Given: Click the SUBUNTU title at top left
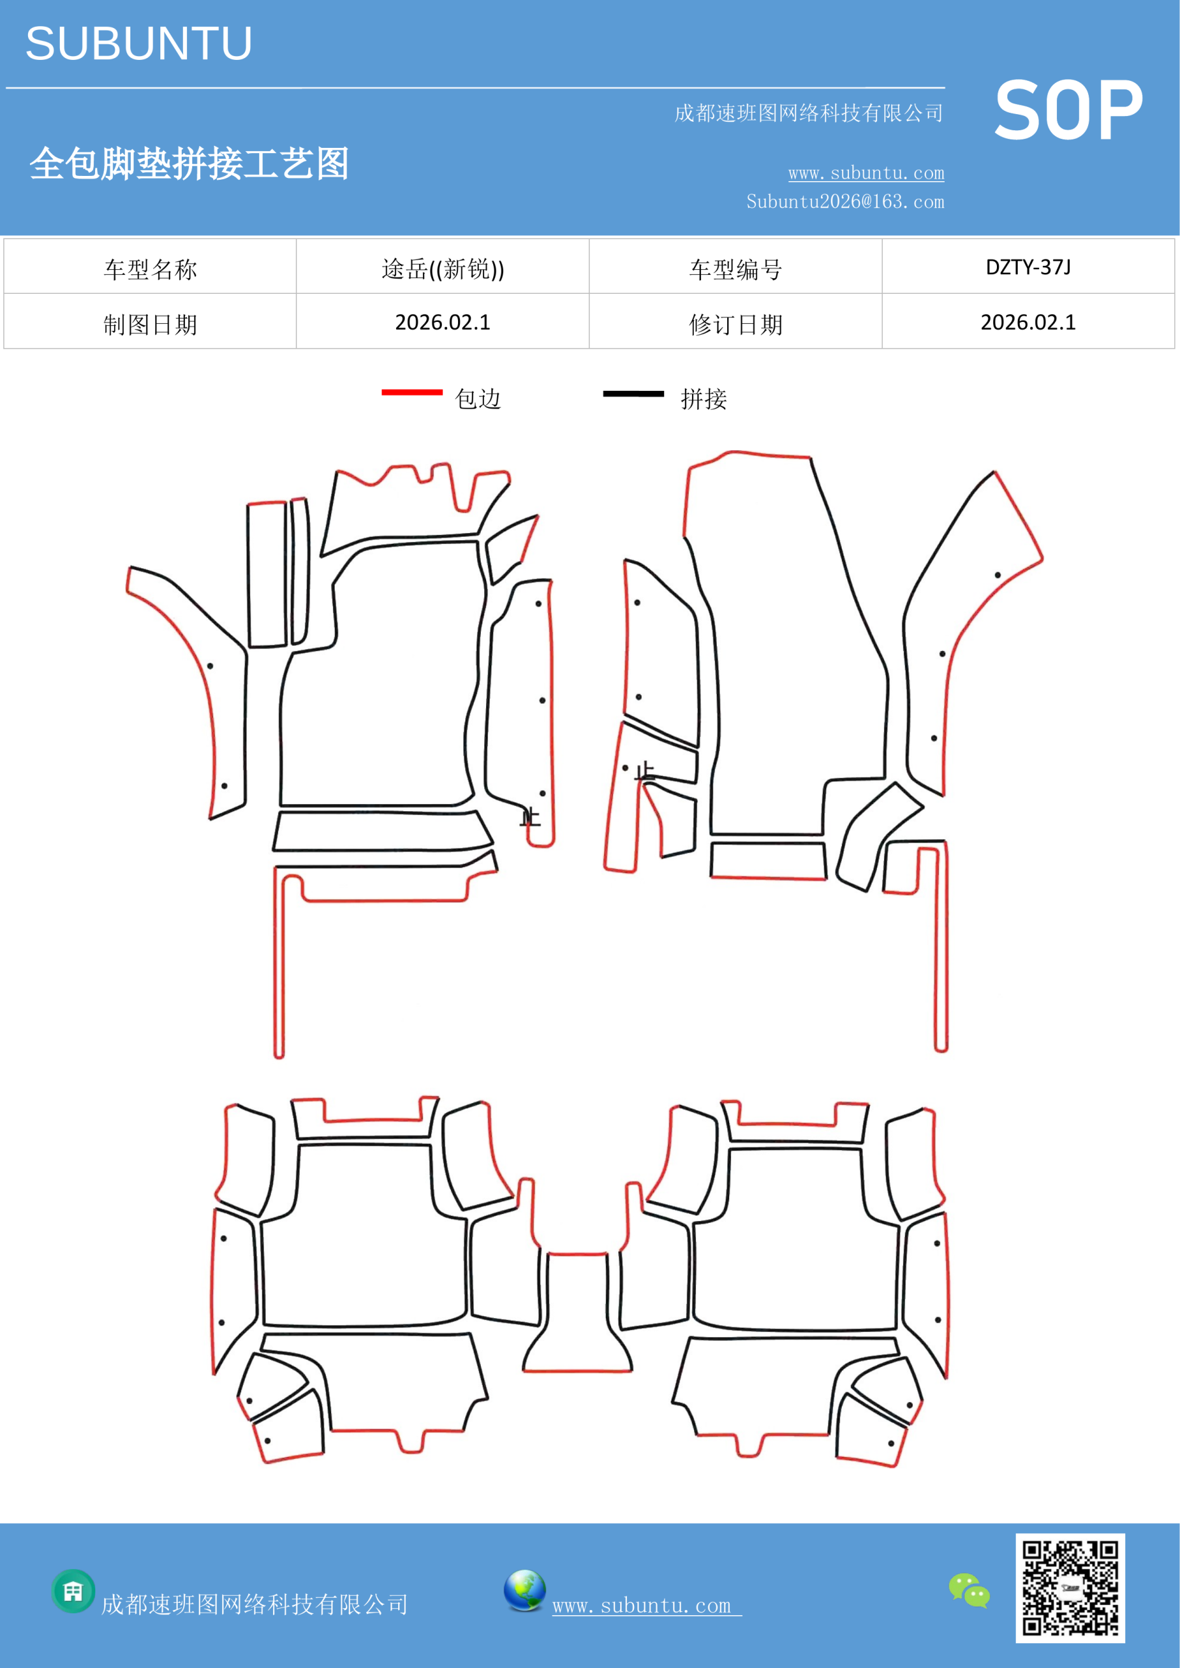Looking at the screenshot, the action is point(139,44).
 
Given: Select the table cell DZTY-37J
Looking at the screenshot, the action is point(1028,267).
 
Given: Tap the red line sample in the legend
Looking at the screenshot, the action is point(412,392).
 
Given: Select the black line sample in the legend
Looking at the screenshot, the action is point(633,394).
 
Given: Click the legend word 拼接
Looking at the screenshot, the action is point(703,399).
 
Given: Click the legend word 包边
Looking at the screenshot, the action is point(478,399).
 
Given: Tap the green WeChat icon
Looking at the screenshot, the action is point(970,1591).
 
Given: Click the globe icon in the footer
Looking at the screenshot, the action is point(525,1591).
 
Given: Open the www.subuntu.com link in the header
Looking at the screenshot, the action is point(866,173).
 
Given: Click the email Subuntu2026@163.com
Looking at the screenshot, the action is point(845,201).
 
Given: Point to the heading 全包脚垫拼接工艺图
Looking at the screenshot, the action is point(190,164).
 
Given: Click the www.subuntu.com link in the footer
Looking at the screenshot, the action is point(646,1605).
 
